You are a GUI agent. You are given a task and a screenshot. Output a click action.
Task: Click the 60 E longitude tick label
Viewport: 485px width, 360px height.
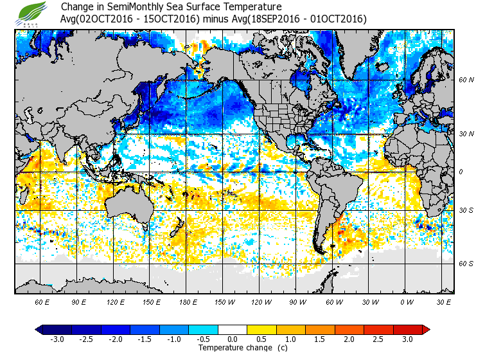[42, 301]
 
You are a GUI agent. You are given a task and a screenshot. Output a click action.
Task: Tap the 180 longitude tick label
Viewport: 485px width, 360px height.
[188, 301]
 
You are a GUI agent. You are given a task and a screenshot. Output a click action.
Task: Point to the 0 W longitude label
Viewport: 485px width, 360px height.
[405, 301]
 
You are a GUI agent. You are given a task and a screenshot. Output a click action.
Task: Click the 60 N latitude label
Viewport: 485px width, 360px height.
[466, 80]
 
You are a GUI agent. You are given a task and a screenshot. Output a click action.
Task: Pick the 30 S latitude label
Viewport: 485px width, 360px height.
[466, 211]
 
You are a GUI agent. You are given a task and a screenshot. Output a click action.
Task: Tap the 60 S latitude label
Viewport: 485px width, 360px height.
[466, 264]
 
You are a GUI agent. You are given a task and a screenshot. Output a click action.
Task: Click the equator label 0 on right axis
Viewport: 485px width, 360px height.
[461, 172]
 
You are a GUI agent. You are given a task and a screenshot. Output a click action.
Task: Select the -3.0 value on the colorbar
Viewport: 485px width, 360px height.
[57, 339]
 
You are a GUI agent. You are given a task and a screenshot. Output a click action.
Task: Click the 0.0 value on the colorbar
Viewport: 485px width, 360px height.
[233, 339]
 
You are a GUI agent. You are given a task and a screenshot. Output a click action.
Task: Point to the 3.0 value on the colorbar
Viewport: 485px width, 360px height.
[407, 339]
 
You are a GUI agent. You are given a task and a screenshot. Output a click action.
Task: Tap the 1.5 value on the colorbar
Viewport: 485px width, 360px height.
[320, 339]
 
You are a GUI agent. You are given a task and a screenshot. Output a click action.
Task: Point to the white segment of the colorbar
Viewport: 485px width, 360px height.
[233, 330]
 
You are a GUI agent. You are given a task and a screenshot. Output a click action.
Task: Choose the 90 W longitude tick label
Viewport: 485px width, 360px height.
[297, 301]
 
